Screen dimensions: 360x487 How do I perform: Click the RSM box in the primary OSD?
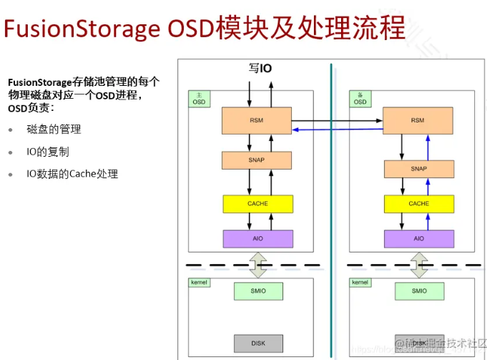click(257, 120)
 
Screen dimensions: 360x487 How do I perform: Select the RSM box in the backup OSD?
click(418, 120)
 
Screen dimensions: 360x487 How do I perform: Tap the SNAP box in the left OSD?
click(257, 160)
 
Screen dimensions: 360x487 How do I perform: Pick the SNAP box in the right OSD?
click(418, 169)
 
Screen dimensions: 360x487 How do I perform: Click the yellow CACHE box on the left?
click(257, 203)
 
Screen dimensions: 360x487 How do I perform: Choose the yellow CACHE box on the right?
click(418, 203)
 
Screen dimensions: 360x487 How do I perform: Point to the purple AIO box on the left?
click(257, 238)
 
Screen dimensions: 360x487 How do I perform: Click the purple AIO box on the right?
click(418, 238)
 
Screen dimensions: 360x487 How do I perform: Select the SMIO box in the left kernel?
click(257, 291)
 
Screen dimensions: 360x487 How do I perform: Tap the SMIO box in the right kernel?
click(419, 291)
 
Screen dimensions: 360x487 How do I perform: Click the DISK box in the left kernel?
click(257, 343)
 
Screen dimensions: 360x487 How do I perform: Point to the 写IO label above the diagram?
click(260, 69)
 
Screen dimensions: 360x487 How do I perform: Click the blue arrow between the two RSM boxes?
click(336, 129)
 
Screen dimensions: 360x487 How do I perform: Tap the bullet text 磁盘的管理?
click(54, 130)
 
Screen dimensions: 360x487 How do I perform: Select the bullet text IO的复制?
click(48, 152)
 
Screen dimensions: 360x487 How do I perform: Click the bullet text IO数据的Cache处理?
click(72, 174)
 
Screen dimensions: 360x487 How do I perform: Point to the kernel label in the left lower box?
click(200, 283)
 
